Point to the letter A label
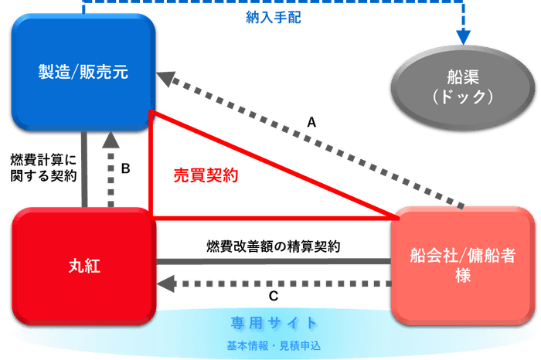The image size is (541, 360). coord(311,122)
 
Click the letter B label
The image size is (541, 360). coord(126,166)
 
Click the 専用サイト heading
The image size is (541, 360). coord(274,322)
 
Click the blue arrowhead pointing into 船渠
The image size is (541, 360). coord(463,36)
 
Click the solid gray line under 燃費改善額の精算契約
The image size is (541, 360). coord(274,261)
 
